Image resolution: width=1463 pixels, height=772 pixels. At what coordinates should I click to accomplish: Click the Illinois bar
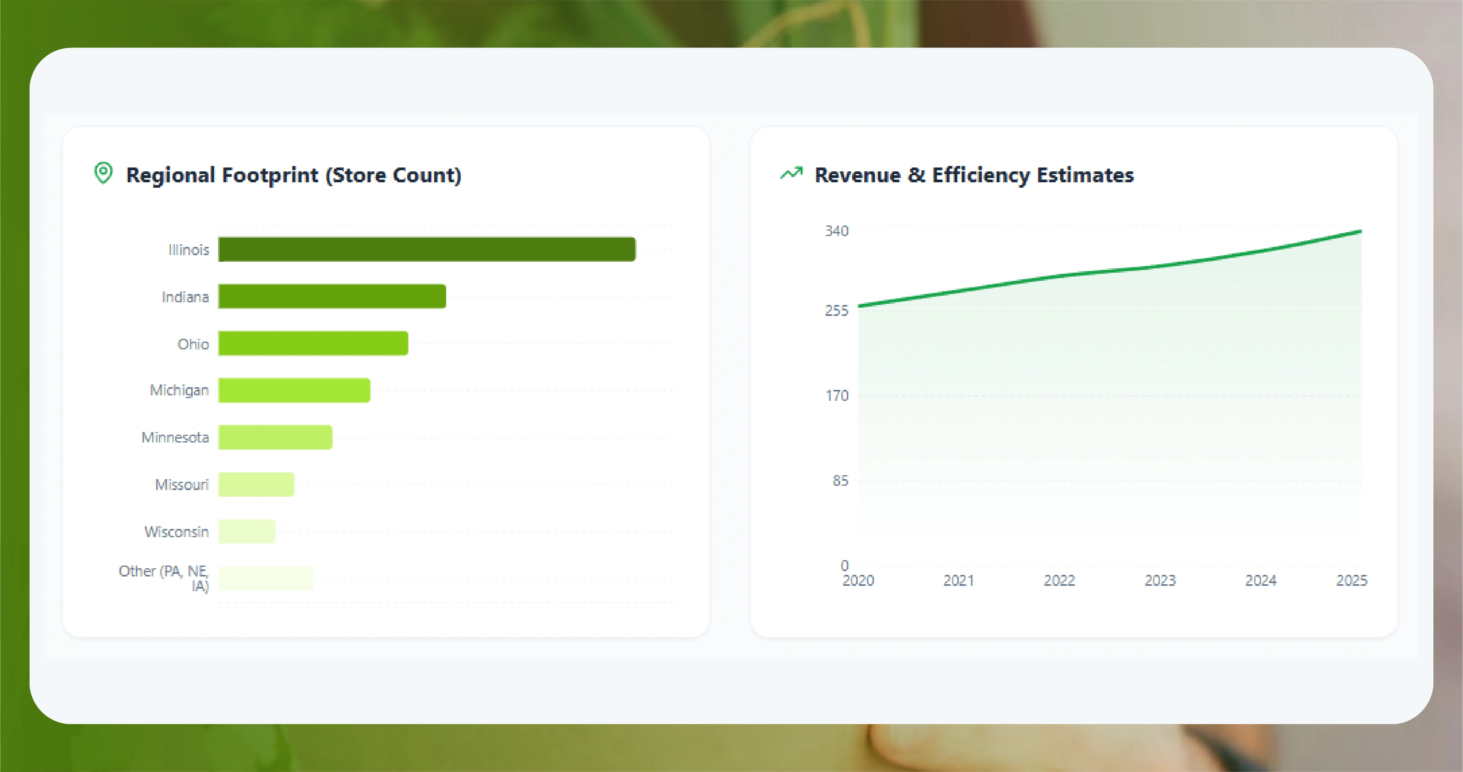click(x=427, y=249)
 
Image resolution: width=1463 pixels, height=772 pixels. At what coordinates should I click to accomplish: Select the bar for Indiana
click(x=332, y=296)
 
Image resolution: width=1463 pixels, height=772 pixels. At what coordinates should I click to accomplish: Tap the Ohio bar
click(x=313, y=343)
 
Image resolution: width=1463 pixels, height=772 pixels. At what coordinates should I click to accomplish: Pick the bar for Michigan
click(x=294, y=390)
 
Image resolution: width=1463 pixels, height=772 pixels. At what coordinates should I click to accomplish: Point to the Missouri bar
click(x=256, y=485)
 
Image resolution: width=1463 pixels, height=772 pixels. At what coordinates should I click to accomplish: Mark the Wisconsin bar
click(x=246, y=531)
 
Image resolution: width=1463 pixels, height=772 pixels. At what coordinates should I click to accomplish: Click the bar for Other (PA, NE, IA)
click(x=265, y=578)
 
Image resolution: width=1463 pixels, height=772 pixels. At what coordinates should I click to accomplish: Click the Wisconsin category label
click(x=177, y=532)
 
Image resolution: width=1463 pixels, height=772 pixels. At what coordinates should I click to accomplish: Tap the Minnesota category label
click(x=175, y=437)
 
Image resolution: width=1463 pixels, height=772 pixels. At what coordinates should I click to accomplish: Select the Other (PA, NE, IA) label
click(x=164, y=578)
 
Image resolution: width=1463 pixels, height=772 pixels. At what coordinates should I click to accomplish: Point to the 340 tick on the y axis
click(x=837, y=231)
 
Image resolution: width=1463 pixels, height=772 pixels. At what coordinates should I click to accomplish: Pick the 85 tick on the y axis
click(x=840, y=481)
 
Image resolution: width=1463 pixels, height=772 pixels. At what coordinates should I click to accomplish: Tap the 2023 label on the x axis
click(x=1160, y=581)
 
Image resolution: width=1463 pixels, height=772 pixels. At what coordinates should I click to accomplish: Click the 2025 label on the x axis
click(x=1351, y=581)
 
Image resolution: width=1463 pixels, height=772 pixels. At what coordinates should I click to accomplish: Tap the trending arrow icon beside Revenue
click(x=791, y=173)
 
